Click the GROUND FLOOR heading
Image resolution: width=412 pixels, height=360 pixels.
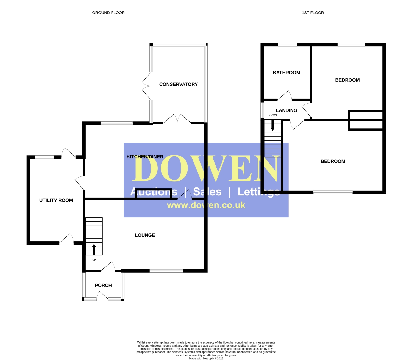pyautogui.click(x=108, y=13)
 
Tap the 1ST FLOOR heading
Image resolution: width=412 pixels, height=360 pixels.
pyautogui.click(x=313, y=13)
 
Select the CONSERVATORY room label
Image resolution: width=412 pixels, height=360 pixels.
pyautogui.click(x=179, y=84)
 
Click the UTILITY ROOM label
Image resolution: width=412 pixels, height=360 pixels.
pyautogui.click(x=56, y=200)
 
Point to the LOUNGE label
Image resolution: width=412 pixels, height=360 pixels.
pyautogui.click(x=145, y=235)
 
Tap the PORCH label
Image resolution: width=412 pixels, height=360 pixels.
pyautogui.click(x=103, y=285)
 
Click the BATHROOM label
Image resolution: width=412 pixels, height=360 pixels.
pyautogui.click(x=286, y=73)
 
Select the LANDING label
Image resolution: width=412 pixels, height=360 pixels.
pyautogui.click(x=286, y=110)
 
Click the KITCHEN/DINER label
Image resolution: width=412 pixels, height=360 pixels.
pyautogui.click(x=145, y=157)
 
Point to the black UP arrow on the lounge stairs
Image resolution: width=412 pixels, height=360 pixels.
pyautogui.click(x=94, y=250)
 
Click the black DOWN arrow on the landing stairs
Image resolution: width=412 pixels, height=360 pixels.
pyautogui.click(x=272, y=125)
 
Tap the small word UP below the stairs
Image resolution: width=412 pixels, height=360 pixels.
pyautogui.click(x=94, y=260)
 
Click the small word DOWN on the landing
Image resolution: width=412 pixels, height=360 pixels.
pyautogui.click(x=273, y=115)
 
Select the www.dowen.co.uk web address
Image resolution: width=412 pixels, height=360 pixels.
pyautogui.click(x=206, y=205)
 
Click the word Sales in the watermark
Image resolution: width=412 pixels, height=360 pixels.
pyautogui.click(x=207, y=192)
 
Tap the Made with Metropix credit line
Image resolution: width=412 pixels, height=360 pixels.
pyautogui.click(x=206, y=359)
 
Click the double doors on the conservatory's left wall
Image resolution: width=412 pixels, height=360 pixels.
pyautogui.click(x=147, y=86)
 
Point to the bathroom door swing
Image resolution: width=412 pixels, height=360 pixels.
pyautogui.click(x=285, y=95)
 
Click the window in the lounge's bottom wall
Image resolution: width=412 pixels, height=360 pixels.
pyautogui.click(x=166, y=271)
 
